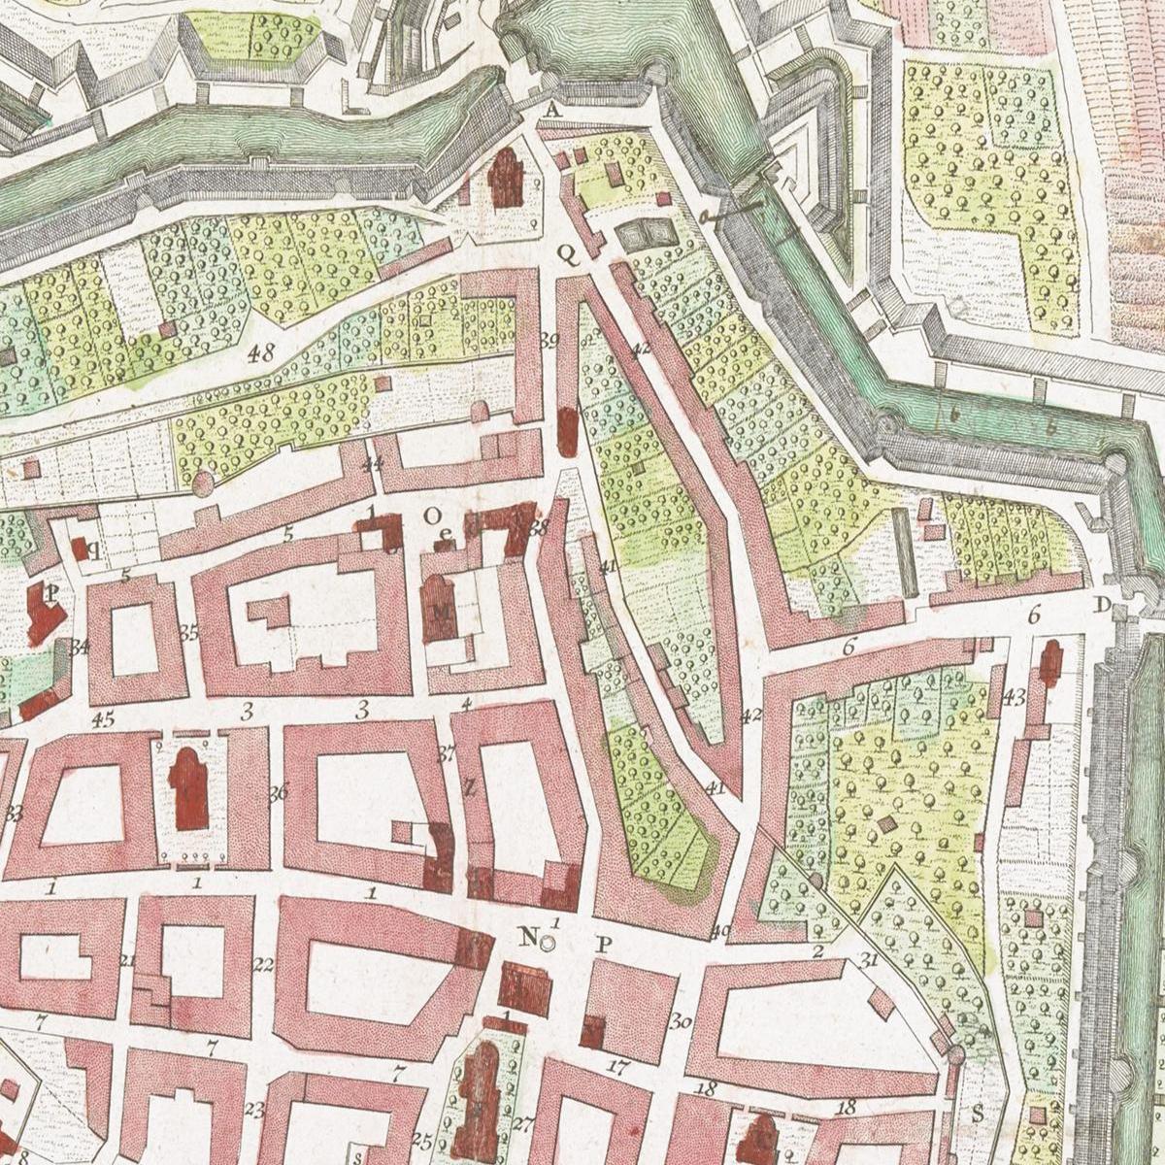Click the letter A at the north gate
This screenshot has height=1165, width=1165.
coord(552,111)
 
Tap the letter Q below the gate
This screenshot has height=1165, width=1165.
coord(566,253)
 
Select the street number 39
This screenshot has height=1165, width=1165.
coord(549,340)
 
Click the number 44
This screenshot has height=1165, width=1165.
coord(371,465)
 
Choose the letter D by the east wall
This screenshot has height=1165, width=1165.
coord(1101,606)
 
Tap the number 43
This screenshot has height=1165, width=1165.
coord(1014,696)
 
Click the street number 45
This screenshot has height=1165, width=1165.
coord(102,719)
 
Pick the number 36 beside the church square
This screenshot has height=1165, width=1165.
coord(279,792)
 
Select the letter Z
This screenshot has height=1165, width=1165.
coord(468,788)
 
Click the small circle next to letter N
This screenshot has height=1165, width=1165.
coord(548,942)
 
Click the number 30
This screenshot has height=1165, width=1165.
coord(680,1021)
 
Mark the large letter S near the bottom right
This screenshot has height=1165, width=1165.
coord(977,1113)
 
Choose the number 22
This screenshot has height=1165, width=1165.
coord(262,965)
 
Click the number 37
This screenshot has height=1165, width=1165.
coord(447,752)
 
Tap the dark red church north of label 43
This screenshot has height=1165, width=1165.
coord(1050,665)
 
